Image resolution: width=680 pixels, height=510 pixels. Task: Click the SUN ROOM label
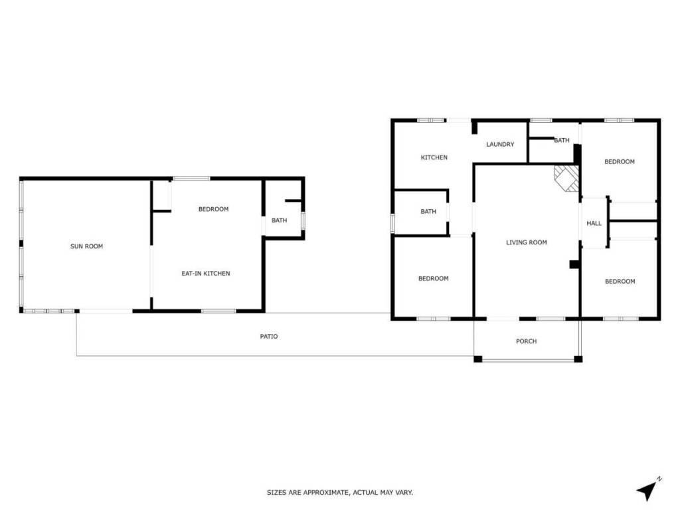coord(87,246)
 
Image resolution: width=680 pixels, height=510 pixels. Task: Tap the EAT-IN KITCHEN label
coord(206,273)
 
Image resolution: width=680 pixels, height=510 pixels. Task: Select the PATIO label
coord(269,336)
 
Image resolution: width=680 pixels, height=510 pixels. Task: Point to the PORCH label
coord(526,341)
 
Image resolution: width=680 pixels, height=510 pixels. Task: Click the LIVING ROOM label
coord(527,242)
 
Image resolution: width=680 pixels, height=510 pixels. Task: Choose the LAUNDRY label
coord(500,144)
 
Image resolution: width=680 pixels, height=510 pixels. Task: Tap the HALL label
coord(594,223)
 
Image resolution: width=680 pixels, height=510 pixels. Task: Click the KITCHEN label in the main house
coord(434,157)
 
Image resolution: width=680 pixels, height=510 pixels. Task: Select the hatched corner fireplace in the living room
coord(567,178)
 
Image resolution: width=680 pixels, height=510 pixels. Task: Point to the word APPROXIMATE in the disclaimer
coord(325,492)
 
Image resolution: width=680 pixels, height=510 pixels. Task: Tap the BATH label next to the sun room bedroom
coord(280,220)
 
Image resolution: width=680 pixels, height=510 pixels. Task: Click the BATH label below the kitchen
coord(428,211)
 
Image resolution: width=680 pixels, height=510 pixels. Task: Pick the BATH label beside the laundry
coord(562,140)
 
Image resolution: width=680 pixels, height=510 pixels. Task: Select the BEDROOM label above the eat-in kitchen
coord(213,209)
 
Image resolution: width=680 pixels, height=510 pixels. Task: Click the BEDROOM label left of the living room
coord(433,278)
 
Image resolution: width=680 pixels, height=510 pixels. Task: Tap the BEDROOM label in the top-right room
coord(620,161)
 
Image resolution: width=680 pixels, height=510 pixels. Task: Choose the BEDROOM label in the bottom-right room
coord(620,281)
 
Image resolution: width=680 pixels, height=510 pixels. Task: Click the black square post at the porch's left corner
coord(477,359)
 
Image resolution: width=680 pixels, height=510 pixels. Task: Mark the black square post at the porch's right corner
coord(578,359)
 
